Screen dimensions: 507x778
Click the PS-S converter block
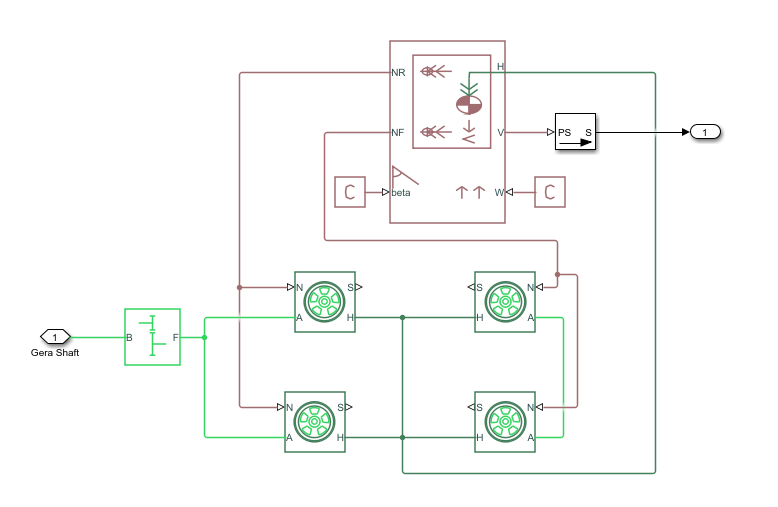575,132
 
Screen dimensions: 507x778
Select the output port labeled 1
704,132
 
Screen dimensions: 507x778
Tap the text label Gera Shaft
55,353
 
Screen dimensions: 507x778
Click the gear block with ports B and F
152,337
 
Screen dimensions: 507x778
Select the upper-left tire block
324,301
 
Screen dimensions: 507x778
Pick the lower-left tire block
314,422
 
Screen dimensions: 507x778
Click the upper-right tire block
505,301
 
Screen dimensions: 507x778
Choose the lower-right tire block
505,422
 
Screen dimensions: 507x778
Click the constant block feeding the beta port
349,191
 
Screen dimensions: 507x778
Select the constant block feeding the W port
550,191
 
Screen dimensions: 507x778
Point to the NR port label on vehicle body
397,73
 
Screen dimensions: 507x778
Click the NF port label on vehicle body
397,132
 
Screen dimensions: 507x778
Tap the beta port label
401,192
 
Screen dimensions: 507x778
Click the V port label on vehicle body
500,132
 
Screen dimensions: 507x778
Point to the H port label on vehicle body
500,67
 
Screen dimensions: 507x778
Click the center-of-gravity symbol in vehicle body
468,102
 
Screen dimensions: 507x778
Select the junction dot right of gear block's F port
204,337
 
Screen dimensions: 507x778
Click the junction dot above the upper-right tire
558,274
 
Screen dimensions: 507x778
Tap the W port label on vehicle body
498,192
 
